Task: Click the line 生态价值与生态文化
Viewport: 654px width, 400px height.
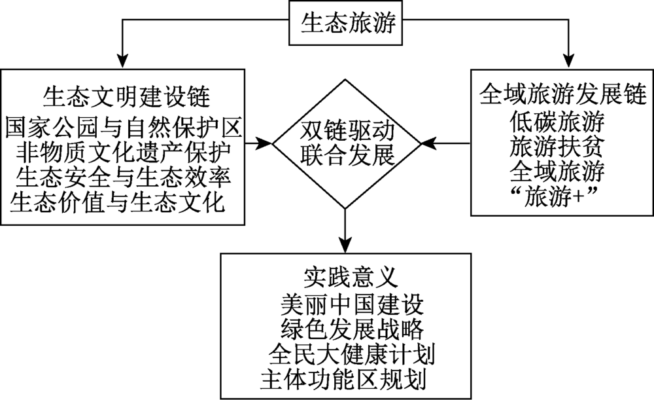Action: coord(118,202)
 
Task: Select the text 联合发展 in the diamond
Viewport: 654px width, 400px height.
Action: coord(346,156)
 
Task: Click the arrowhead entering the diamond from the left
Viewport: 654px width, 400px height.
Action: coord(264,141)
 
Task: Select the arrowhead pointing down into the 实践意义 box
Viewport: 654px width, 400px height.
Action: coord(345,244)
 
